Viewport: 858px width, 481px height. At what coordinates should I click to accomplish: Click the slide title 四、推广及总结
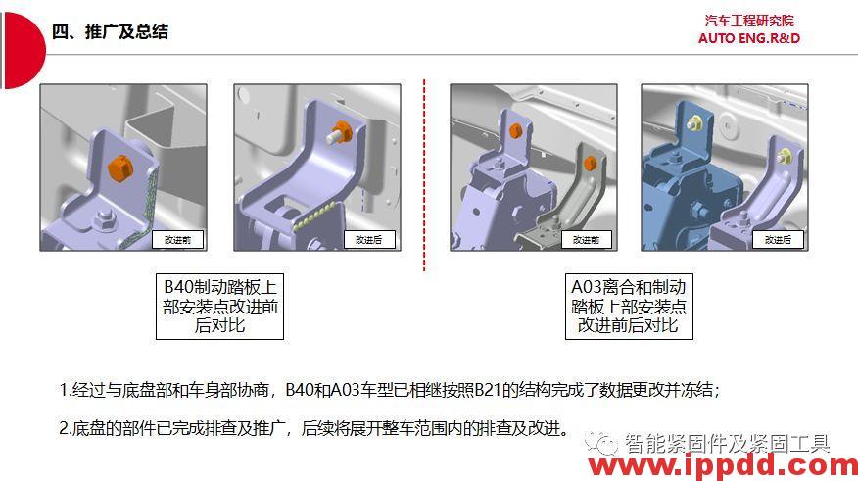point(110,31)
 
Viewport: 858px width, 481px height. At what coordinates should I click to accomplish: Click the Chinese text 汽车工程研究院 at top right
point(749,21)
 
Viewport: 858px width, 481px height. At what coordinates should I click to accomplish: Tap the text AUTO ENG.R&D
point(749,38)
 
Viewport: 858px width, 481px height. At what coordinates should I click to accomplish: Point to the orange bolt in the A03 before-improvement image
point(590,163)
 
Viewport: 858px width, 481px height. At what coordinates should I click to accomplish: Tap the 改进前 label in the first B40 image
point(177,239)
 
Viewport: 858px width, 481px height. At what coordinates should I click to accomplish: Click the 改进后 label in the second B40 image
point(368,239)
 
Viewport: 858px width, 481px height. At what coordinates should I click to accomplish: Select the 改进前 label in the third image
point(586,239)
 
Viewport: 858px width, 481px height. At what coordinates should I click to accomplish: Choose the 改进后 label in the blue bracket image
point(779,239)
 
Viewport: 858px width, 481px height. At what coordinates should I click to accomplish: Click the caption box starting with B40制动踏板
point(219,306)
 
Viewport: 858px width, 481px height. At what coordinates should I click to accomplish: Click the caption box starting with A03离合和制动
point(628,306)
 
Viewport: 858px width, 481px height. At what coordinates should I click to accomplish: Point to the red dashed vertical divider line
point(424,176)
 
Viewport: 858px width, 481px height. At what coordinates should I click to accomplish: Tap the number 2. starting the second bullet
point(66,428)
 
